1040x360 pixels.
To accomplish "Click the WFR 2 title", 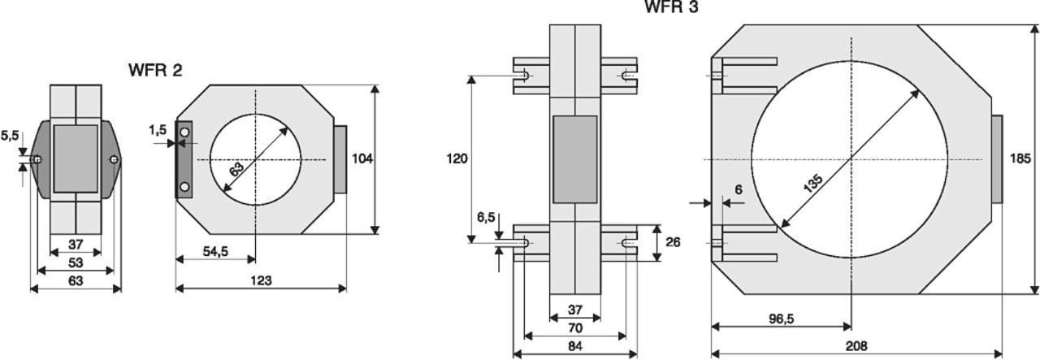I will click(154, 70).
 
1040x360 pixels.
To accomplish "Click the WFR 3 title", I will click(671, 7).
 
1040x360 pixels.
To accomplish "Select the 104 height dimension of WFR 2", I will click(362, 159).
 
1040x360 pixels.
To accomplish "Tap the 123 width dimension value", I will click(260, 280).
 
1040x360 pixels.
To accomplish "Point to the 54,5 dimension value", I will click(215, 252).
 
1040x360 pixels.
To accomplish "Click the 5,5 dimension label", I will click(9, 135).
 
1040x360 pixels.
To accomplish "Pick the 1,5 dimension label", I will click(158, 129).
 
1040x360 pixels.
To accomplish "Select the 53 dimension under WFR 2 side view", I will click(76, 262).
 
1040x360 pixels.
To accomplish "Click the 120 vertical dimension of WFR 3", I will click(457, 158).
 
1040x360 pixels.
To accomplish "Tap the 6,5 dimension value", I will click(486, 217).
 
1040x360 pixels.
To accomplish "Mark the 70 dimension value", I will click(574, 327).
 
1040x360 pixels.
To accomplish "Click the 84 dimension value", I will click(574, 345).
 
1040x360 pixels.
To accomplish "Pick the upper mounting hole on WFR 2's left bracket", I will click(184, 131).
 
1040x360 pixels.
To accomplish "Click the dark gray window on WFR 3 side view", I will click(574, 159).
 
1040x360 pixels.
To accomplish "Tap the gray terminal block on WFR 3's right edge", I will click(996, 159).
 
